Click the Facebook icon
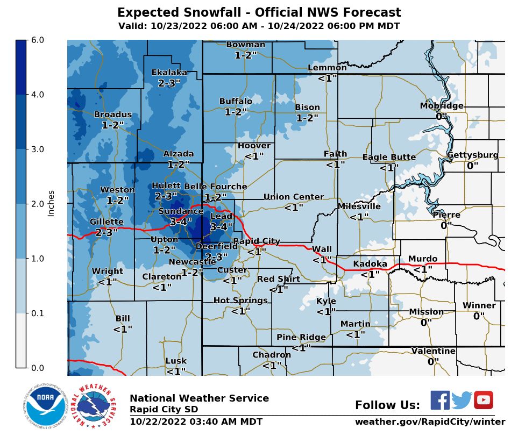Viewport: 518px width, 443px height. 440,400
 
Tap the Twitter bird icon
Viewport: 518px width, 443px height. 462,400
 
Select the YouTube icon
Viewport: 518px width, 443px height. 483,400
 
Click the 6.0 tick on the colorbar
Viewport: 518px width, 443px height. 37,40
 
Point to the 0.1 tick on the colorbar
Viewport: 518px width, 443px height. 37,313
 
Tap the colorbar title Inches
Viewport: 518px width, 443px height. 51,203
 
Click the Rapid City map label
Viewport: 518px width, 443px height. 257,241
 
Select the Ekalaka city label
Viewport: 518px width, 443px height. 169,73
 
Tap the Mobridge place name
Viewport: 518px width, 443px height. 442,106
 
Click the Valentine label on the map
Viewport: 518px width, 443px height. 434,351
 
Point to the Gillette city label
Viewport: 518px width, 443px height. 107,222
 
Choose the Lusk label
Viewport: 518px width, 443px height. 176,361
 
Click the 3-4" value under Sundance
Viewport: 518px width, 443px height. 181,222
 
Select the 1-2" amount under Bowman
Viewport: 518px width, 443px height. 246,55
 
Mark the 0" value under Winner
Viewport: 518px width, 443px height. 479,316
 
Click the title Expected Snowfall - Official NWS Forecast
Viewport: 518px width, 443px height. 259,13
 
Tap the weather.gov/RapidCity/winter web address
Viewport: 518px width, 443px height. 430,422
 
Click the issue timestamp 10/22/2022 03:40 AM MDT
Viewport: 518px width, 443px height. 196,422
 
